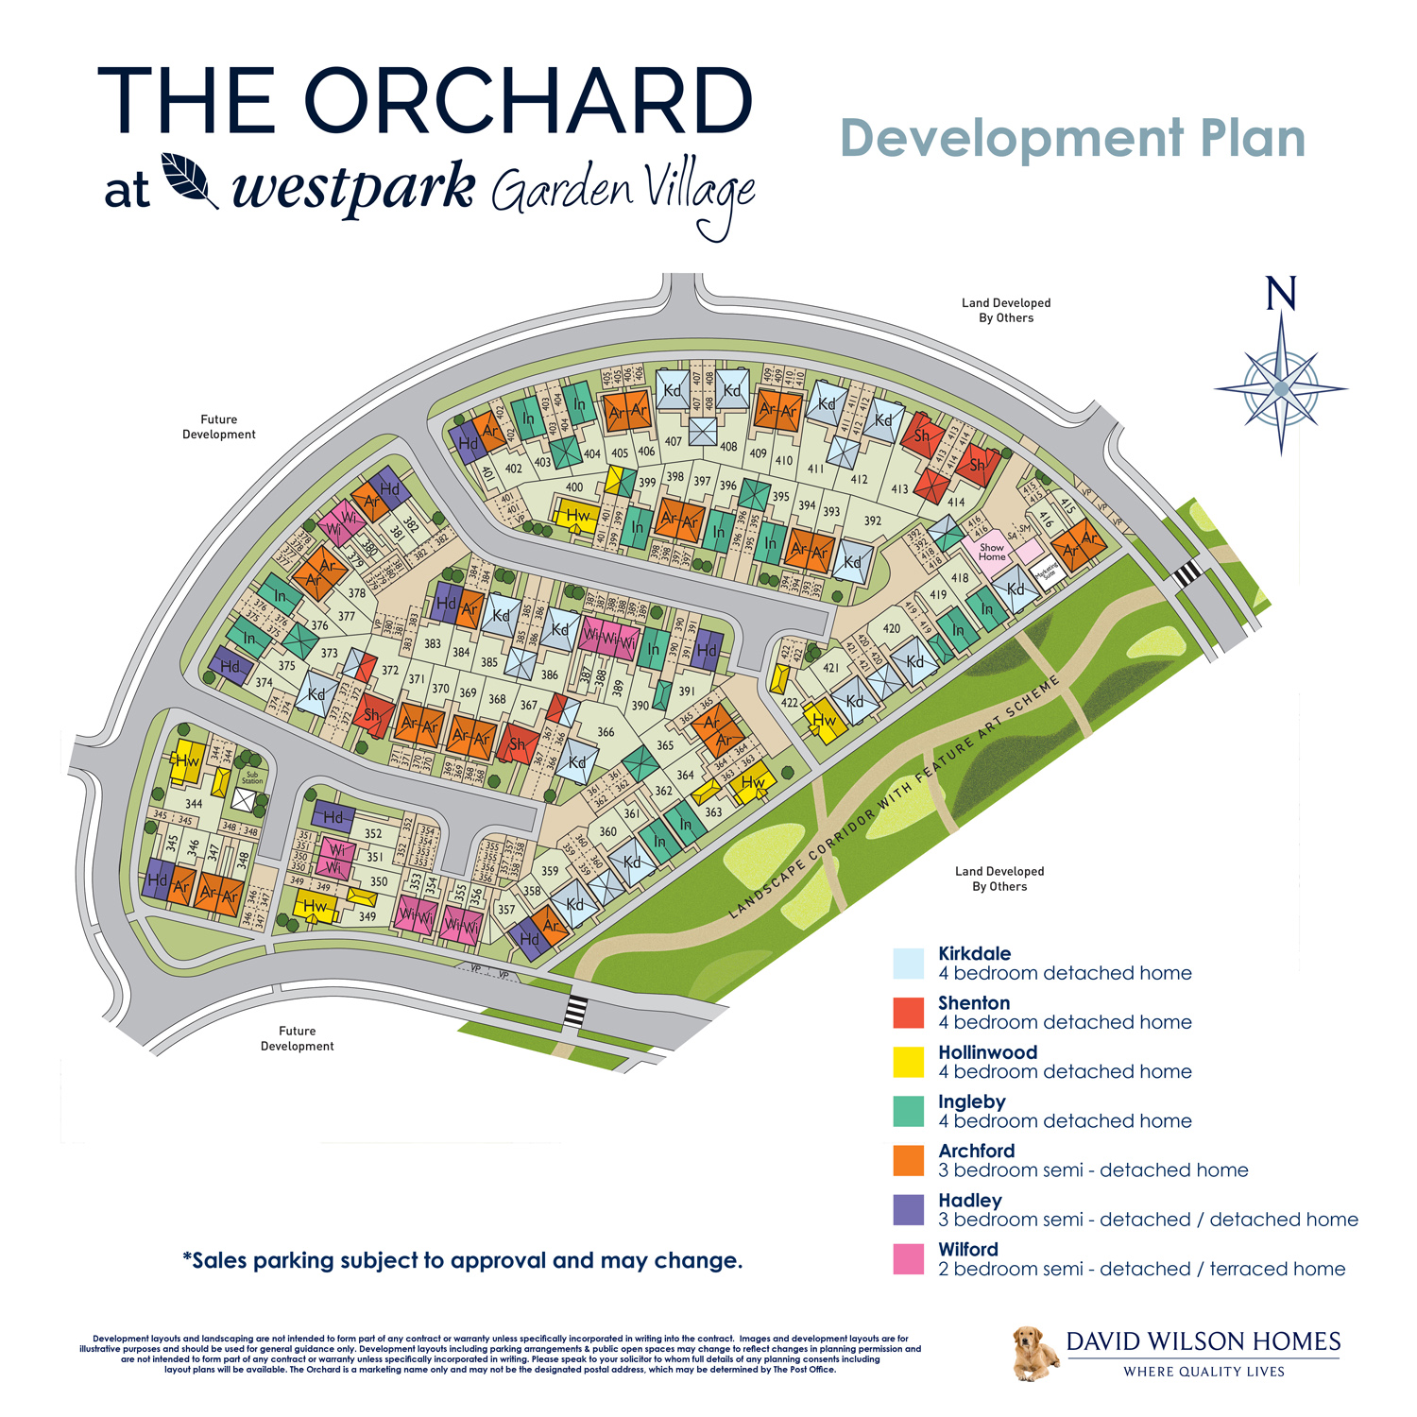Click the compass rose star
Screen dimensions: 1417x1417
(x=1281, y=387)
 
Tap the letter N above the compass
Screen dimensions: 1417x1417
(x=1281, y=294)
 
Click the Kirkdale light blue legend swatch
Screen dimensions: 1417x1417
(x=908, y=964)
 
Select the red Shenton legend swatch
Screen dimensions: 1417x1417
(x=908, y=1013)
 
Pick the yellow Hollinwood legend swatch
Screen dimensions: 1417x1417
(x=908, y=1062)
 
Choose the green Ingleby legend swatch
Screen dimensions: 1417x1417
(x=908, y=1111)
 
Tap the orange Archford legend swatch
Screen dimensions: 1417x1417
(x=908, y=1161)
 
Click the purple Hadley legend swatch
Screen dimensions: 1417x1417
(x=908, y=1210)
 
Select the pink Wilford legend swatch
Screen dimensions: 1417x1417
(x=908, y=1259)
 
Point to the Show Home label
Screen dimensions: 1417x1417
(x=992, y=552)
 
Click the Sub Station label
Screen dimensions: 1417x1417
(x=252, y=777)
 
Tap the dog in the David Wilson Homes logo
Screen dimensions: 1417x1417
(x=1033, y=1353)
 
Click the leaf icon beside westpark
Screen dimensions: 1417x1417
(x=189, y=179)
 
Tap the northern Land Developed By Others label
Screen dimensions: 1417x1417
(x=1006, y=311)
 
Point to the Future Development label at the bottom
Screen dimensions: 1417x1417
(x=297, y=1038)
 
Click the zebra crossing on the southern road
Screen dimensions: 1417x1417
(x=575, y=1011)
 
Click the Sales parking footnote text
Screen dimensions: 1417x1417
(x=462, y=1261)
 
